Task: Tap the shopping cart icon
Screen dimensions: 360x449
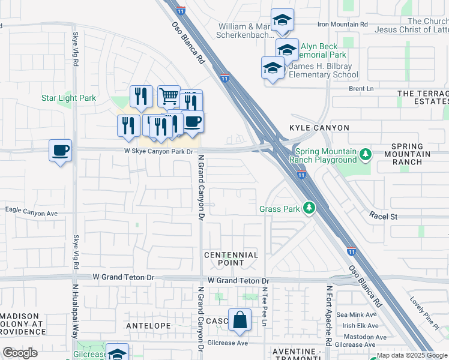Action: pyautogui.click(x=169, y=96)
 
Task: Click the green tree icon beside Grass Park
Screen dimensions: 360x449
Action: pyautogui.click(x=309, y=208)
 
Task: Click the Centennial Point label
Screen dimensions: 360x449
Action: pyautogui.click(x=231, y=259)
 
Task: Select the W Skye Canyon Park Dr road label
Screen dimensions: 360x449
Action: pyautogui.click(x=158, y=152)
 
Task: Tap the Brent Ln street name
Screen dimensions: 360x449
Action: pyautogui.click(x=361, y=88)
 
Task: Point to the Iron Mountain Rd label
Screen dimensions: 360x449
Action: pyautogui.click(x=342, y=24)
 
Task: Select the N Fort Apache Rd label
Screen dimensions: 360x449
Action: pyautogui.click(x=329, y=315)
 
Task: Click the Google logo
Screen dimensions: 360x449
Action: pyautogui.click(x=20, y=353)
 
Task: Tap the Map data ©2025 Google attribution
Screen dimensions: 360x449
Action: pyautogui.click(x=412, y=355)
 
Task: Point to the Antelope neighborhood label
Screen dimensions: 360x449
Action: pyautogui.click(x=148, y=325)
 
